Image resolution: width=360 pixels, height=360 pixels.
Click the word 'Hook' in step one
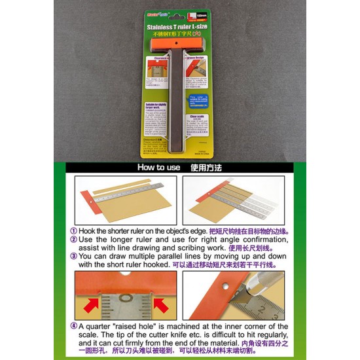pos(88,232)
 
